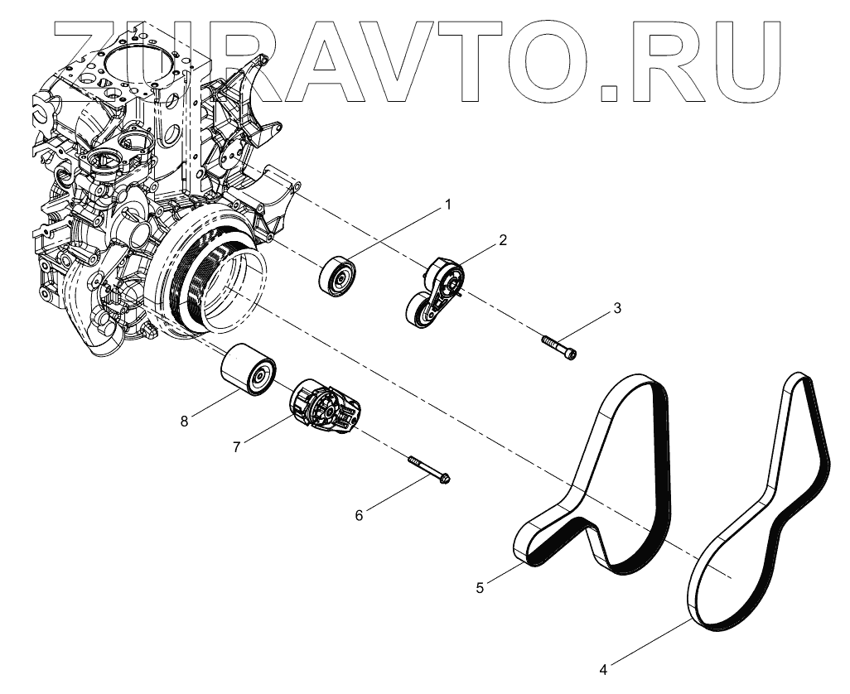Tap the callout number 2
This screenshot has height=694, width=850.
tap(502, 241)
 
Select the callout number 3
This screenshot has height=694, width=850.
tap(616, 309)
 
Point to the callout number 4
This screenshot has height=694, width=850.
tap(603, 668)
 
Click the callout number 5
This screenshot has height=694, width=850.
tap(480, 588)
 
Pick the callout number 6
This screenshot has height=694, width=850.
tap(359, 515)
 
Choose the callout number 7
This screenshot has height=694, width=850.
tap(237, 446)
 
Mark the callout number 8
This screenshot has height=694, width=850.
tap(184, 422)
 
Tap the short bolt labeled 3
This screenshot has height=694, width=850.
tap(560, 345)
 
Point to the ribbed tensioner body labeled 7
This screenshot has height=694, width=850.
tap(325, 408)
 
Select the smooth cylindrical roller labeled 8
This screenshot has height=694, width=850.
tap(248, 371)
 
